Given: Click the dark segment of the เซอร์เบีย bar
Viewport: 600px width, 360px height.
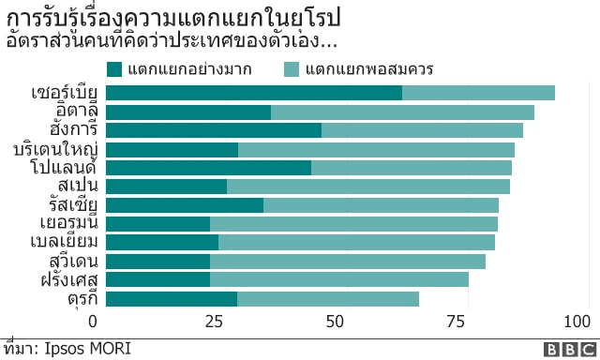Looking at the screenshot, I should click(254, 92).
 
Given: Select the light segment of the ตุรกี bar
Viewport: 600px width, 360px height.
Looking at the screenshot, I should click(328, 299).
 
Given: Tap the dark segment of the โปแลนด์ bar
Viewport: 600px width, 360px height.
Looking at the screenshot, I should click(208, 168).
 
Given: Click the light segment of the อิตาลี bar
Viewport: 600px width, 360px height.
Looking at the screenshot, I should click(402, 112).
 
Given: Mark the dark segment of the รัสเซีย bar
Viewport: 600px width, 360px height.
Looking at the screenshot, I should click(185, 205).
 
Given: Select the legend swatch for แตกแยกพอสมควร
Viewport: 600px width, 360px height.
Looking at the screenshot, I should click(292, 68).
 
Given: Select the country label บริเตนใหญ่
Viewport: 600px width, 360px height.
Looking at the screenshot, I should click(58, 149).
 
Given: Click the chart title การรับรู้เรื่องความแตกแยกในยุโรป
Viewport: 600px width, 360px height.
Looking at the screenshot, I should click(173, 18).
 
